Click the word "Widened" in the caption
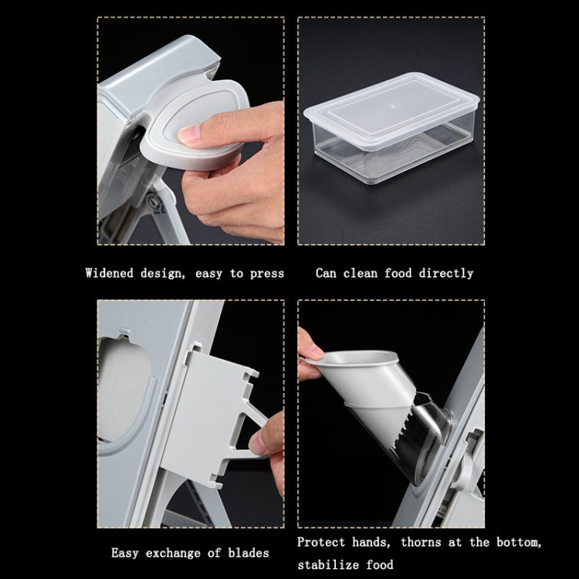(x=110, y=273)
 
